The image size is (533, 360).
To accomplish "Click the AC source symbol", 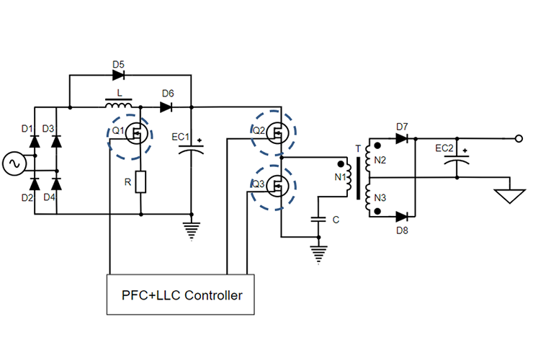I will click(x=14, y=164).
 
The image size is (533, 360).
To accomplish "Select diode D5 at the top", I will click(x=119, y=74).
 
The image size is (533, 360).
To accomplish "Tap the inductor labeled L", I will click(x=119, y=106).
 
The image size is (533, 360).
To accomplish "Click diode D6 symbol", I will click(x=166, y=107).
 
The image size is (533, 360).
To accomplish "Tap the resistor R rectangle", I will click(x=140, y=182).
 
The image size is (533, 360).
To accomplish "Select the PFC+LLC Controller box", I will click(x=180, y=294).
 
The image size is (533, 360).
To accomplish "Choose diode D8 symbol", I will click(x=403, y=216).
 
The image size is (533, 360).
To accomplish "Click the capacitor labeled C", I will click(x=317, y=220).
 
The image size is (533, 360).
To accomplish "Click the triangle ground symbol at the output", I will click(x=507, y=195).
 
